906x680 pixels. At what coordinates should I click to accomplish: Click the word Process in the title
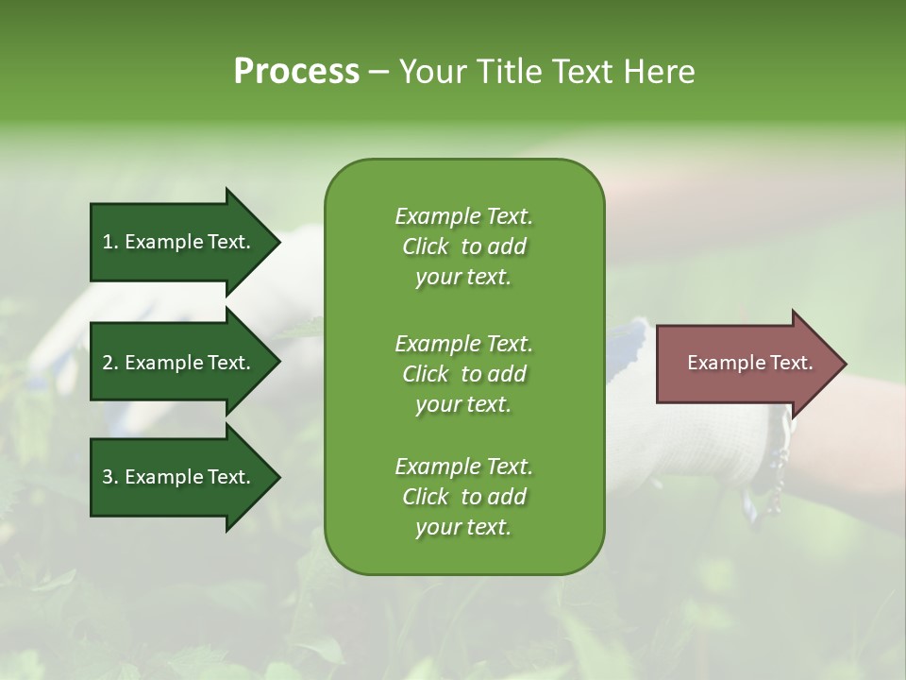pyautogui.click(x=296, y=72)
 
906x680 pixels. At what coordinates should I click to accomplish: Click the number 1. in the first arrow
pyautogui.click(x=110, y=242)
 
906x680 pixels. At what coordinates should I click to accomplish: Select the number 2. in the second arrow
pyautogui.click(x=110, y=363)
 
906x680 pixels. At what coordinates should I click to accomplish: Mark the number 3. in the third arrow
pyautogui.click(x=110, y=477)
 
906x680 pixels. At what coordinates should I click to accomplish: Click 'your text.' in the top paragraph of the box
pyautogui.click(x=463, y=278)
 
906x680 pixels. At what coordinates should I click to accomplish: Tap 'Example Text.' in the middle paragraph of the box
pyautogui.click(x=463, y=343)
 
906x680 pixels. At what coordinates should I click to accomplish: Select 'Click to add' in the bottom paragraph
pyautogui.click(x=463, y=497)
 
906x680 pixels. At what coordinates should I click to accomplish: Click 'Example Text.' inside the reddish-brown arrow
pyautogui.click(x=749, y=363)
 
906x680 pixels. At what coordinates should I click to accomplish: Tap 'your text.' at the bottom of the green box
pyautogui.click(x=463, y=528)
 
